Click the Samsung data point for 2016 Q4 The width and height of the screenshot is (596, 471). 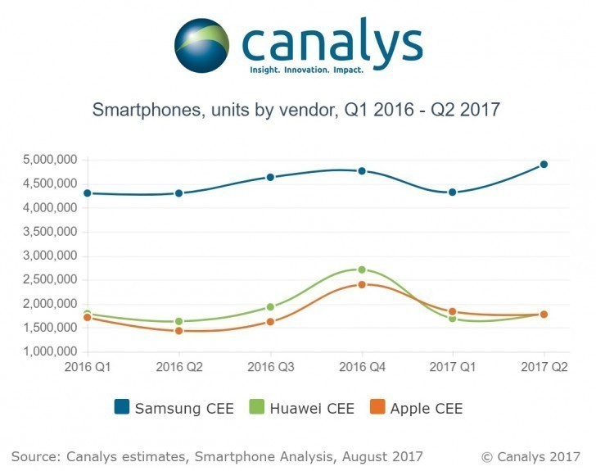[x=362, y=171]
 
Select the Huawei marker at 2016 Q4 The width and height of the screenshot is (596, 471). [x=362, y=269]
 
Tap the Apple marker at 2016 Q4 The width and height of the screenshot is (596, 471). [x=362, y=284]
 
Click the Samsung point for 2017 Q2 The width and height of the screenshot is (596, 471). [x=544, y=165]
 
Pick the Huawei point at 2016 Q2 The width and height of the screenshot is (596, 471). [x=179, y=321]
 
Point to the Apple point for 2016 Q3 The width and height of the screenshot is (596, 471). [x=270, y=322]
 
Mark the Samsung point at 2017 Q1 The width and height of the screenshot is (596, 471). [x=452, y=192]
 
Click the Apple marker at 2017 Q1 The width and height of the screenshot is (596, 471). [x=452, y=311]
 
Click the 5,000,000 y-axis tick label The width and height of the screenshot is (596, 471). [x=50, y=160]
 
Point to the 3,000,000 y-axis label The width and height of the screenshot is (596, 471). [x=50, y=256]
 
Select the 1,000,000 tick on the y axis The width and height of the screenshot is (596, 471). [x=50, y=351]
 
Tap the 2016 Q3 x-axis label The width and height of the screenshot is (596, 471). [x=271, y=367]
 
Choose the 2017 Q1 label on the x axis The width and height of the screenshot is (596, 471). [x=452, y=367]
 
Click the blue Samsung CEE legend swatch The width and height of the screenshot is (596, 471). [x=122, y=407]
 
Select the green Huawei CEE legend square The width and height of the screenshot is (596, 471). [x=256, y=407]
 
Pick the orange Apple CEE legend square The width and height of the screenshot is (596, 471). [x=377, y=407]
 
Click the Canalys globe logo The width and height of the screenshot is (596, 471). [x=202, y=45]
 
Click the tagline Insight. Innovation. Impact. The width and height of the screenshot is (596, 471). [x=307, y=70]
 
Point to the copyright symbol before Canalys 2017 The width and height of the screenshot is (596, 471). [x=487, y=457]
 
